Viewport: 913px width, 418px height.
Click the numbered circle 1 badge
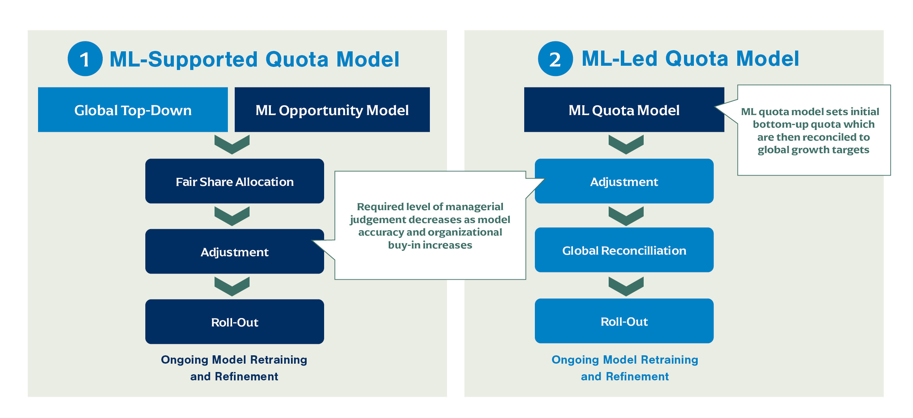(85, 59)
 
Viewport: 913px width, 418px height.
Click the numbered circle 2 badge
(555, 59)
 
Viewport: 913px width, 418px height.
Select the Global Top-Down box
(133, 110)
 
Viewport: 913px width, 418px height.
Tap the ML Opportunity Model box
(332, 110)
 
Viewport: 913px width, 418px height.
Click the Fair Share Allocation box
(235, 181)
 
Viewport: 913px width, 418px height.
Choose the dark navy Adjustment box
(235, 252)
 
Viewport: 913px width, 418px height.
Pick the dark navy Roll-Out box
(235, 322)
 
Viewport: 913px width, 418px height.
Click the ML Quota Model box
(624, 110)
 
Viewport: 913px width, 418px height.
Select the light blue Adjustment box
(624, 181)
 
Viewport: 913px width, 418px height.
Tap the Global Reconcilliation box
(624, 250)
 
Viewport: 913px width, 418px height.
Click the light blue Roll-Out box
(624, 321)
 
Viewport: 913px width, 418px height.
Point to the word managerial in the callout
(475, 207)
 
